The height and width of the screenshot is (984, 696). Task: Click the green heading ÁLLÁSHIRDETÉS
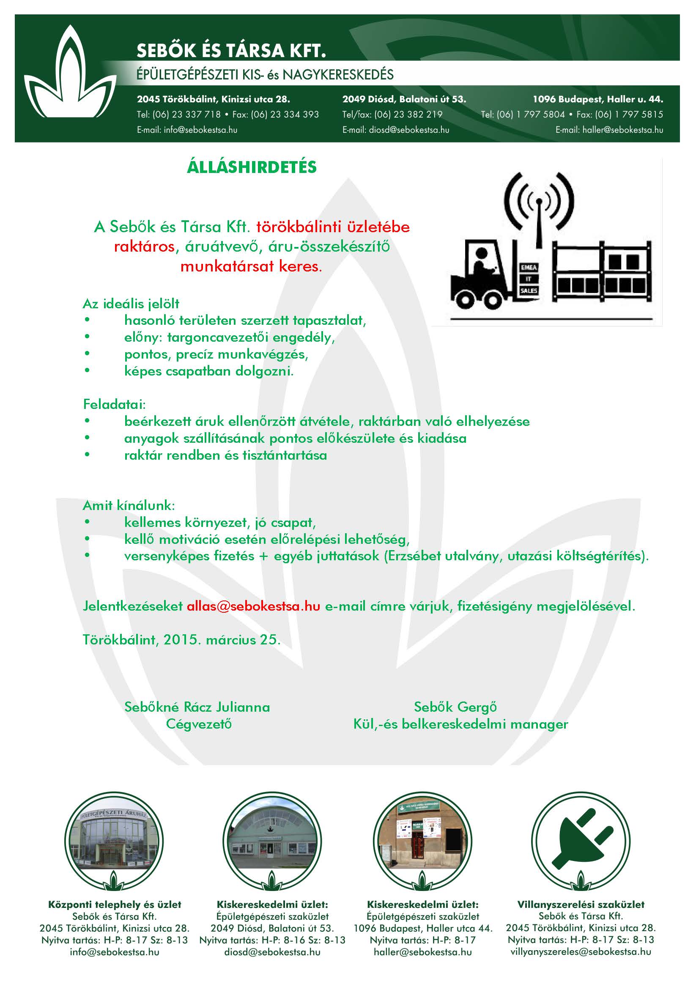(x=252, y=167)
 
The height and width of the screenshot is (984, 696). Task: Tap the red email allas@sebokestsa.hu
(x=253, y=606)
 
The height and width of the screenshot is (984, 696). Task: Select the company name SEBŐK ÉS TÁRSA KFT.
(x=231, y=51)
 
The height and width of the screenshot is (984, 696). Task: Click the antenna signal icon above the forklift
(x=539, y=201)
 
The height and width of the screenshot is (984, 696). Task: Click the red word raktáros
(x=144, y=247)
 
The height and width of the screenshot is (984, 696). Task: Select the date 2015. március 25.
(x=222, y=640)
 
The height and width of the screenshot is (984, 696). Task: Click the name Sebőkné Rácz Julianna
(x=197, y=707)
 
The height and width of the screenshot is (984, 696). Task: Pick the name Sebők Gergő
(x=455, y=707)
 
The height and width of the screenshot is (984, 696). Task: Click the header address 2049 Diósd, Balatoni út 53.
(x=404, y=99)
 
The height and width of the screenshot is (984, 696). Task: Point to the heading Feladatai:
(x=114, y=404)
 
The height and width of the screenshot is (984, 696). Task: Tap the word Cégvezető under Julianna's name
(x=199, y=724)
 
